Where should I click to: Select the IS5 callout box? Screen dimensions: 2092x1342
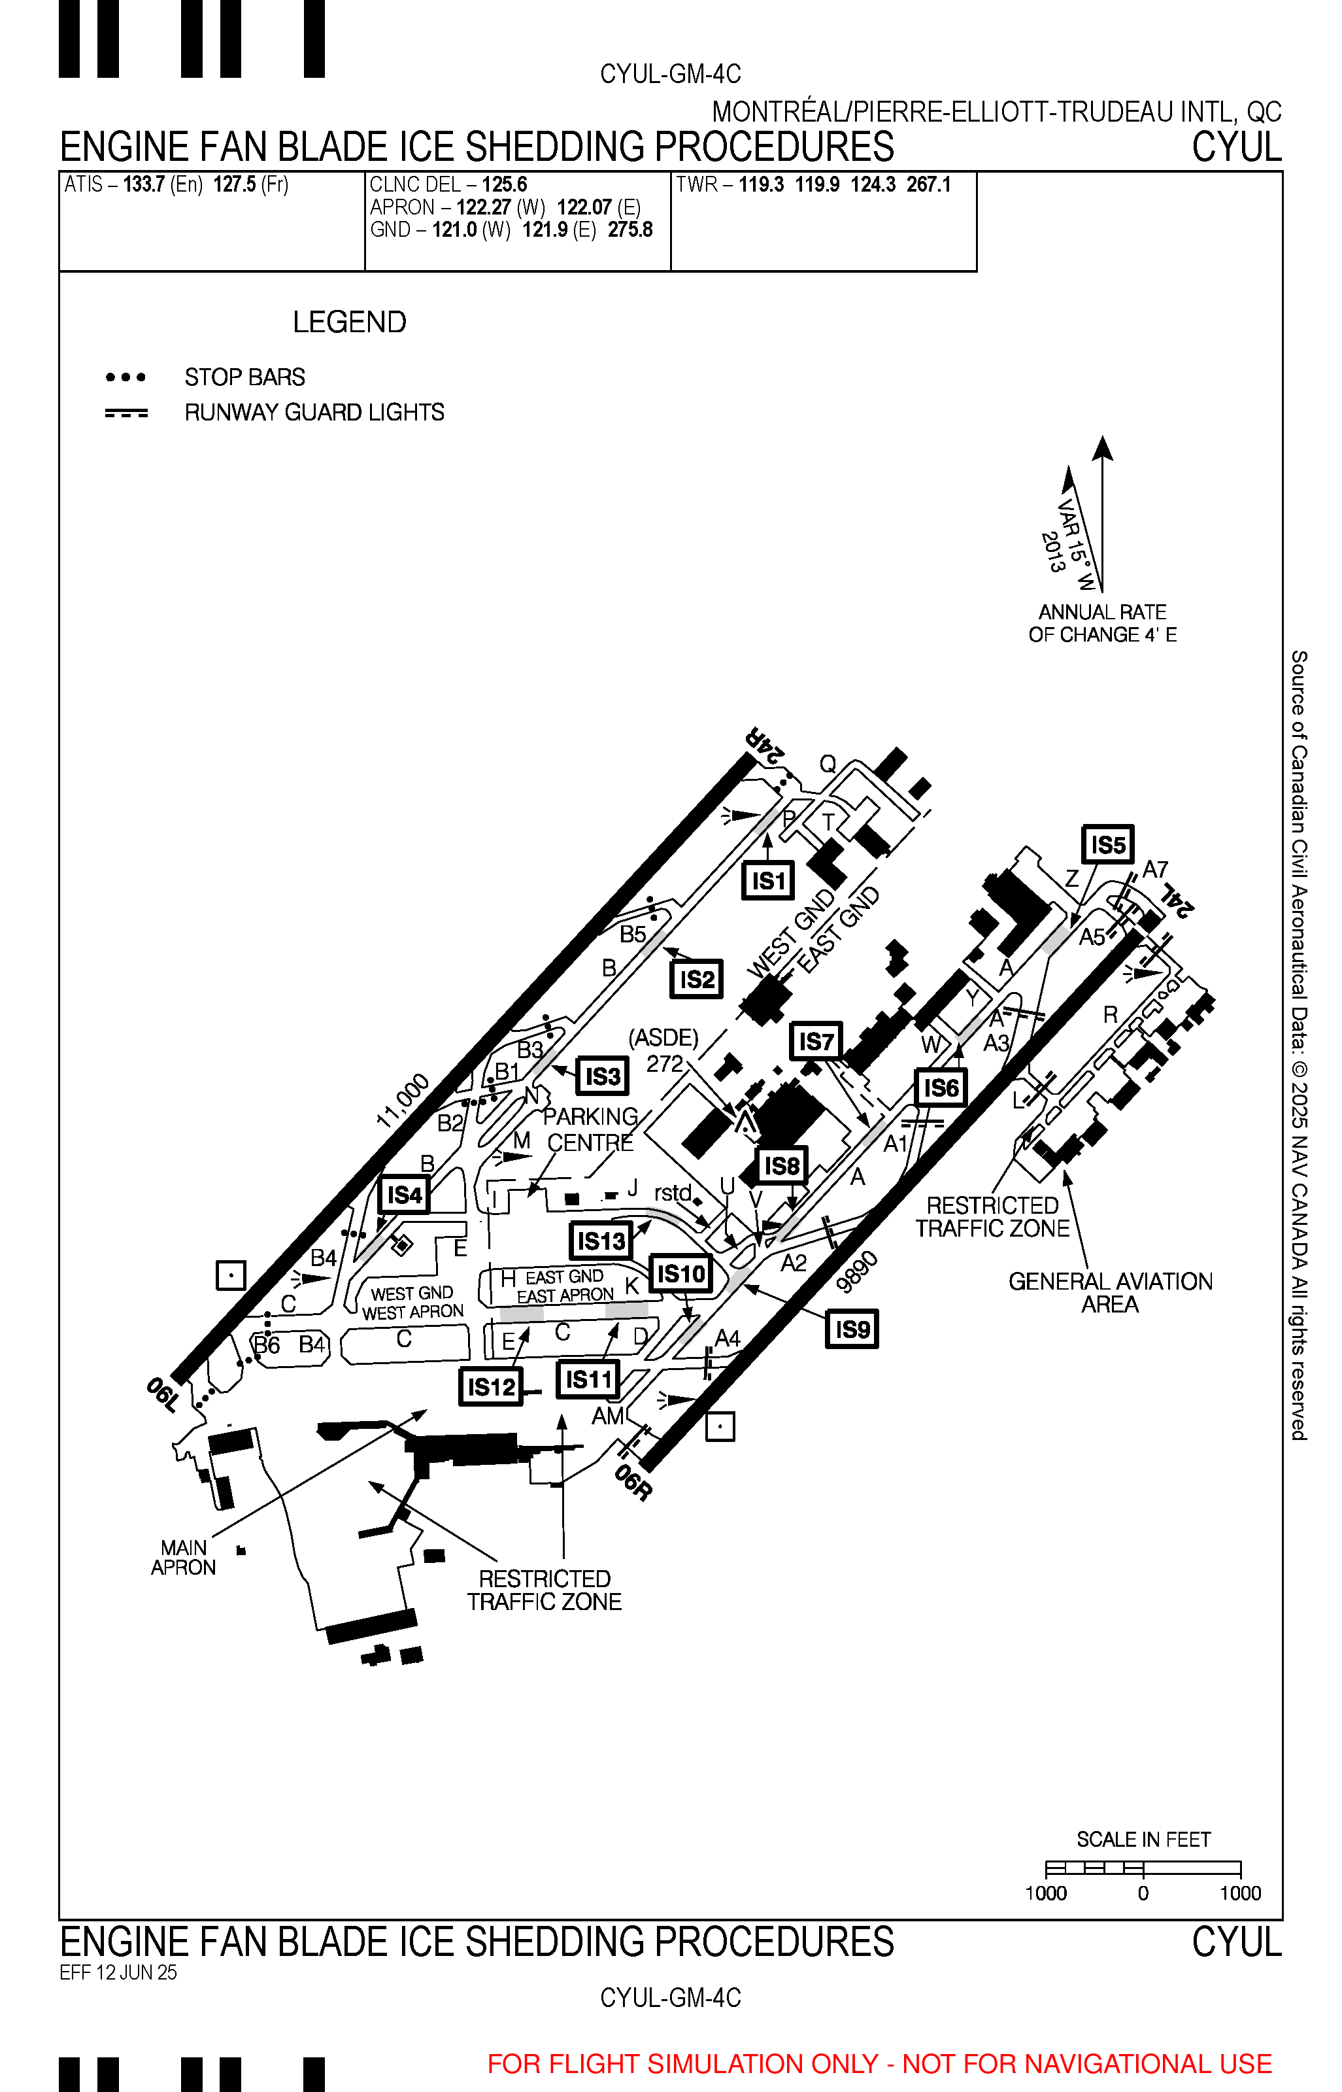point(1107,845)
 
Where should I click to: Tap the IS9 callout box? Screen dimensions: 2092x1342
point(851,1329)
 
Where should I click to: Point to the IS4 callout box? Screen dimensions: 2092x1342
point(405,1194)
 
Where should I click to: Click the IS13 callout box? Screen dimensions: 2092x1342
point(601,1241)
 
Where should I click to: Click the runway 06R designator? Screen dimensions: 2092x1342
point(633,1483)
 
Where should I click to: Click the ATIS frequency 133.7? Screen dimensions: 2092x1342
point(144,185)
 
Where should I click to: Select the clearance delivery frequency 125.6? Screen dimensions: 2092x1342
point(505,185)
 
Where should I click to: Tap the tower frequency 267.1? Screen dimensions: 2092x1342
point(928,185)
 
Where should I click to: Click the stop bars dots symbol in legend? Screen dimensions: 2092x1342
point(126,377)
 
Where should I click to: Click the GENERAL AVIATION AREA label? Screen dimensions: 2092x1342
point(1110,1293)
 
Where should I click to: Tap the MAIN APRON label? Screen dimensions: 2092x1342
point(183,1558)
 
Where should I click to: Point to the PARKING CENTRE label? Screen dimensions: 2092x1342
point(590,1129)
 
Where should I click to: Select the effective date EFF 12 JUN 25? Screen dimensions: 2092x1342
point(118,1972)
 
